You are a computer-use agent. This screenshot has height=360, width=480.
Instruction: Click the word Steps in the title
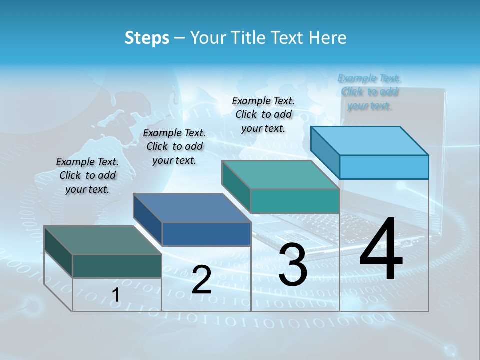(x=147, y=38)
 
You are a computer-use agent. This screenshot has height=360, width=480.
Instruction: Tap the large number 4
(x=381, y=249)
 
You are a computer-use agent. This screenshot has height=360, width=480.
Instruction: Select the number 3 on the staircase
(x=293, y=265)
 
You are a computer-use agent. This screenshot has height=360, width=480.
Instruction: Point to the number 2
(x=201, y=280)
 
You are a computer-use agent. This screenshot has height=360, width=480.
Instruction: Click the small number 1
(x=115, y=295)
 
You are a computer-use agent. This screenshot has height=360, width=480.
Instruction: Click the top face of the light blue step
(x=370, y=140)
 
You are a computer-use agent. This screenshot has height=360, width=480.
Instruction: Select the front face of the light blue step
(x=384, y=167)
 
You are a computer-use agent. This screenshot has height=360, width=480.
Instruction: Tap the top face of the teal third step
(x=281, y=174)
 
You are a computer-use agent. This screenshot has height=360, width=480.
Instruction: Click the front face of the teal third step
(x=295, y=201)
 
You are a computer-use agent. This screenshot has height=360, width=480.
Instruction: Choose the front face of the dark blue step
(x=206, y=234)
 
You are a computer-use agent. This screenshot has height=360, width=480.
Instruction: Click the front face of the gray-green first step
(x=117, y=266)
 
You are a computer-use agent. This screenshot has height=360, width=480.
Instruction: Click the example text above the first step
(x=87, y=175)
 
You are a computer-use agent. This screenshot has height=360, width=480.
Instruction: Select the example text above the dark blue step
(x=174, y=146)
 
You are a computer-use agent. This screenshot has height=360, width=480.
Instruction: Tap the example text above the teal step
(x=263, y=114)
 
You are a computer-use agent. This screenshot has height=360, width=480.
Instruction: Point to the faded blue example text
(x=369, y=92)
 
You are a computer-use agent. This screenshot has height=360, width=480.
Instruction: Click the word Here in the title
(x=329, y=38)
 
